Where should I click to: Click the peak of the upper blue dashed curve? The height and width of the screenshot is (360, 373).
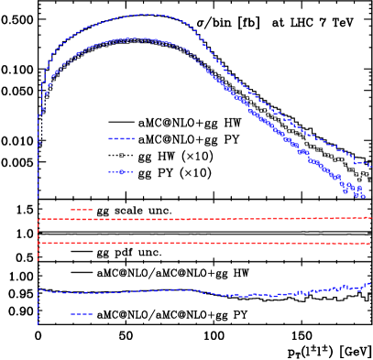coord(147,15)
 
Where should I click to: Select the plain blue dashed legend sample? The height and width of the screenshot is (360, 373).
coord(121,139)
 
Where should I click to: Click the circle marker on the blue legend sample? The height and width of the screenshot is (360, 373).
coord(121,172)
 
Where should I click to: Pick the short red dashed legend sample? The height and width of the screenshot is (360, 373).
coord(82,210)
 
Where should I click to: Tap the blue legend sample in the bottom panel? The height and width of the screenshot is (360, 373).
coord(82,314)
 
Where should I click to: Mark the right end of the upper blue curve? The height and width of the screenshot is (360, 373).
coord(369,166)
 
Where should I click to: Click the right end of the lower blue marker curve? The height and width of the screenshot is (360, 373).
coord(365,196)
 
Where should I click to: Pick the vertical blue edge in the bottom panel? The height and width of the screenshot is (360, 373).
coord(38,307)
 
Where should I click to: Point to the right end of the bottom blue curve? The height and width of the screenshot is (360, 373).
coord(370,283)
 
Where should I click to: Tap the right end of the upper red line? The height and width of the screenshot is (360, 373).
coord(370,218)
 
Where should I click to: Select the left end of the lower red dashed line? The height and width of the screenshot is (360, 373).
coord(40,243)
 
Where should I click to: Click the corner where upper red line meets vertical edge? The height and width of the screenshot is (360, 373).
coord(38,219)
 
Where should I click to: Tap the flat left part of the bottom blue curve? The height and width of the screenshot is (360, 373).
coord(82,293)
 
